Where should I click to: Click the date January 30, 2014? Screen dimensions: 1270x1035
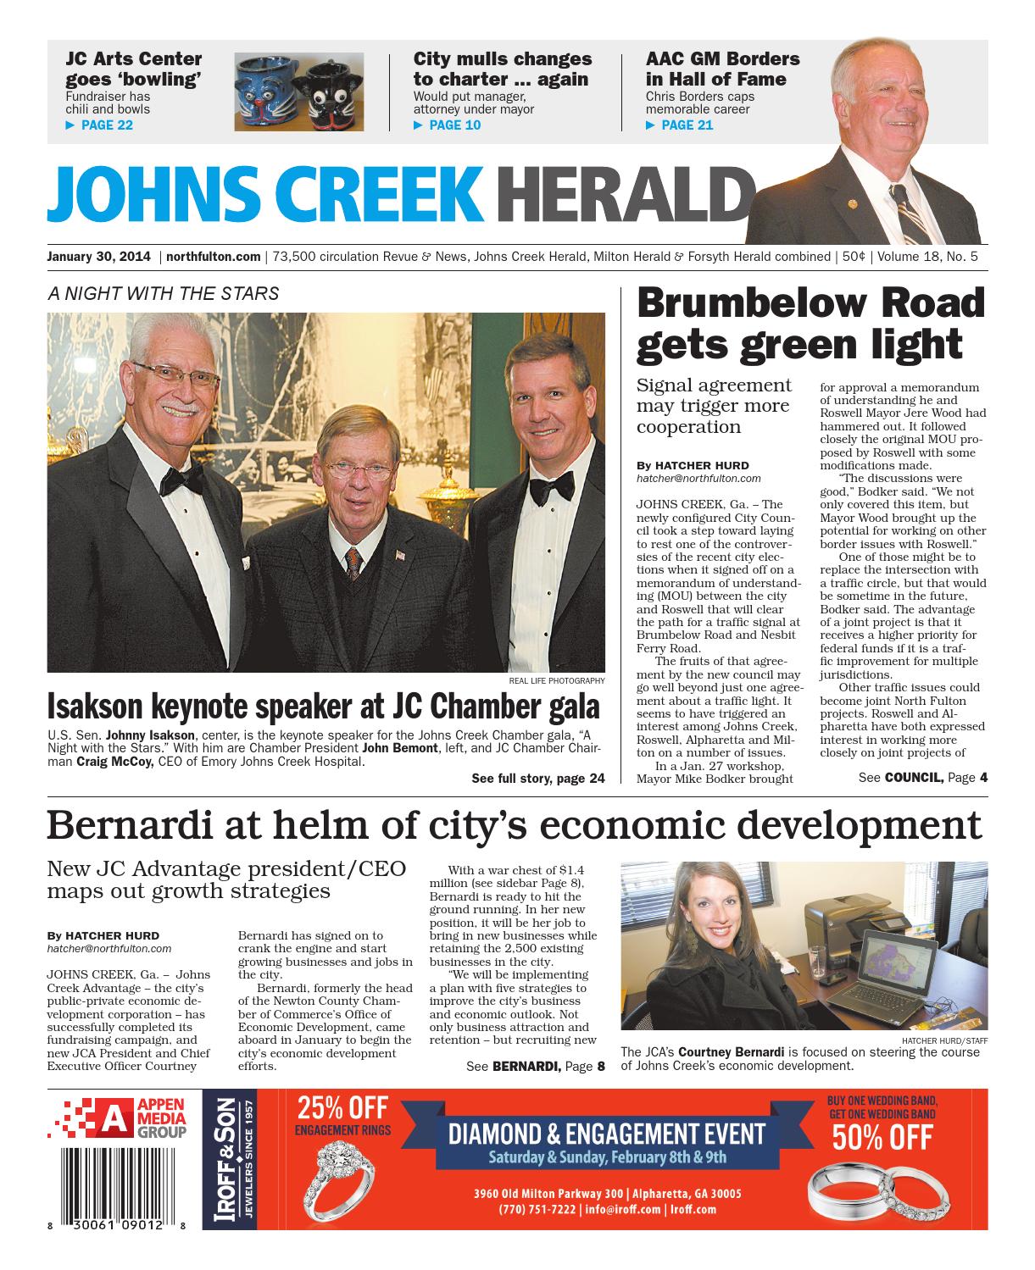99,256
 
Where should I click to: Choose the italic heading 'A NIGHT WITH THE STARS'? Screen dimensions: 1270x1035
163,294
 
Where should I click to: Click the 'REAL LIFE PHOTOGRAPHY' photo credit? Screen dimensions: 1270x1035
557,680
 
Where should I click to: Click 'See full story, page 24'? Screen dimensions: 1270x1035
537,779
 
